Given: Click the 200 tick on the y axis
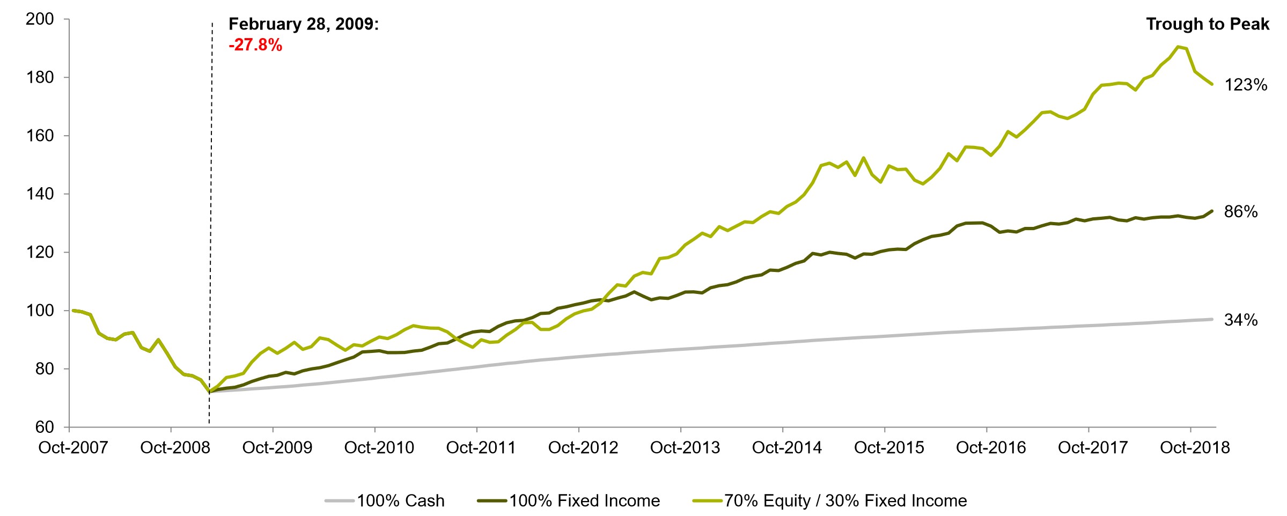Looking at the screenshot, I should [x=40, y=19].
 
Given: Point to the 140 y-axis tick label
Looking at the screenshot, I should [x=40, y=194].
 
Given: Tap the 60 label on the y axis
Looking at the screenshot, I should [x=45, y=427].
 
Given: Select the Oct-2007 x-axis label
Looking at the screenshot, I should [x=73, y=447].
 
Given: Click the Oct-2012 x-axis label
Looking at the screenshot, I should [x=583, y=447].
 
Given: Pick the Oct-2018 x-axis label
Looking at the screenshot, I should [x=1195, y=447].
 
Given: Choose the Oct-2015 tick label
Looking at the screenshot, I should [x=889, y=447].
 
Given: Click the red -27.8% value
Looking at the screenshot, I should [x=255, y=45].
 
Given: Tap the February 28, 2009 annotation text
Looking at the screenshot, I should [x=304, y=24].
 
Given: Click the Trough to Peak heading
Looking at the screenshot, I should [x=1208, y=24].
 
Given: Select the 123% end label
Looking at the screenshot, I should [x=1246, y=85].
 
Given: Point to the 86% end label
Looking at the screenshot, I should [x=1241, y=212].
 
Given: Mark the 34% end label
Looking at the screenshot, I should [x=1241, y=320].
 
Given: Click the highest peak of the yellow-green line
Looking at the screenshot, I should [x=1178, y=47].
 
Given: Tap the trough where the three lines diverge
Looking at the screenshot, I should [x=210, y=392].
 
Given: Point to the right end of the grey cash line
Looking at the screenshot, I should [x=1212, y=319].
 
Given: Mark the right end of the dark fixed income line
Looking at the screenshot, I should [x=1212, y=211].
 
